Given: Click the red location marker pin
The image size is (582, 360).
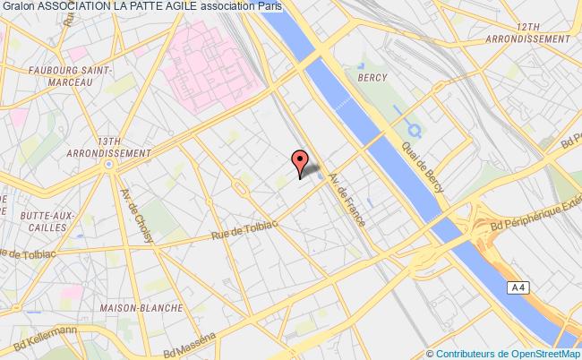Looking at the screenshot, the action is click(x=302, y=162).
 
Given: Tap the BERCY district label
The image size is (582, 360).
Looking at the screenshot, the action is click(x=372, y=77).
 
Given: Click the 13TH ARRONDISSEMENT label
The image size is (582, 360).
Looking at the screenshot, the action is click(x=112, y=147).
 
